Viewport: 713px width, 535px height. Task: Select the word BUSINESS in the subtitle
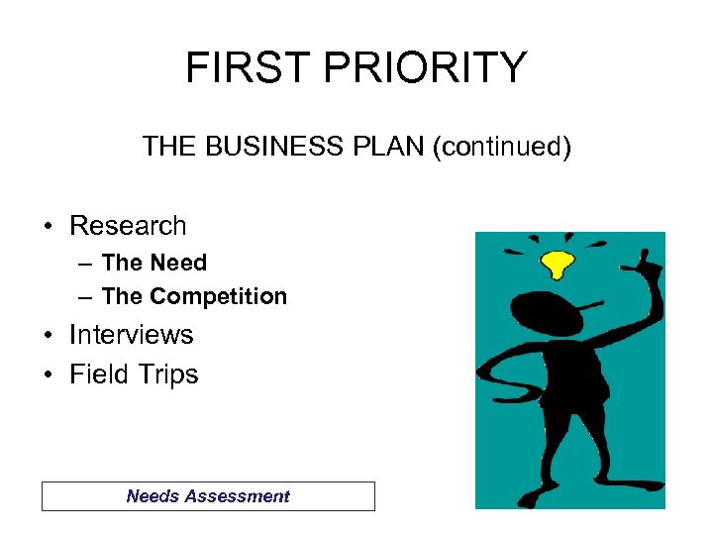click(x=267, y=148)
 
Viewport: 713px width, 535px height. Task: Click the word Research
click(x=128, y=226)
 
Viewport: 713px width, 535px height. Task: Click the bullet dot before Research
click(x=48, y=227)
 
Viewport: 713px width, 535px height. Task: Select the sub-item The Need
click(x=153, y=264)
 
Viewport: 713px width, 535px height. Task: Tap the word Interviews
click(x=131, y=335)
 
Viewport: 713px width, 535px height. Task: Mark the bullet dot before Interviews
click(x=48, y=336)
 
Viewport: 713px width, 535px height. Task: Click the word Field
click(x=98, y=374)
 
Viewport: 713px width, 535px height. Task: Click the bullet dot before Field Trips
click(x=48, y=375)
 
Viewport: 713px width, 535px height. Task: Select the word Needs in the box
click(x=151, y=496)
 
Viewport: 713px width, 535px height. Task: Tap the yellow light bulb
click(x=558, y=264)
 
